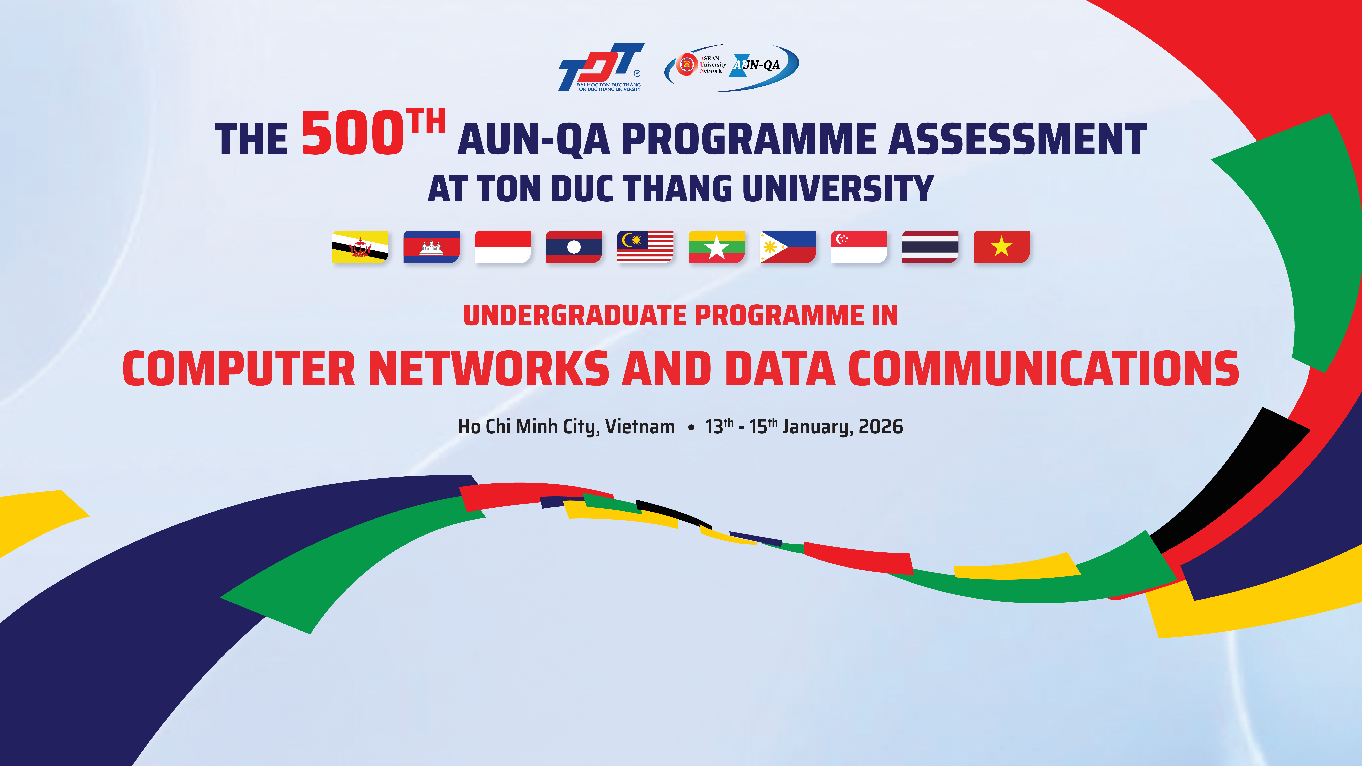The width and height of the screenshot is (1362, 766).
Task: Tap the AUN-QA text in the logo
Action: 757,65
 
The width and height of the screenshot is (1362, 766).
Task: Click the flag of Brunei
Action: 360,247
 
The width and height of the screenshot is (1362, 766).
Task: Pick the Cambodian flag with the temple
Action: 431,247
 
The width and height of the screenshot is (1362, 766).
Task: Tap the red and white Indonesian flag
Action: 503,247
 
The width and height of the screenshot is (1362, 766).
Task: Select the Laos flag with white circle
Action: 574,247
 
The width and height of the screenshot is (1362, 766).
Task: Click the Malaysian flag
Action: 645,247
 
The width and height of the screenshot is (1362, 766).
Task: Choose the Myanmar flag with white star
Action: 716,247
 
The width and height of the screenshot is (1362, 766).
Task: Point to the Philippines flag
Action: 788,247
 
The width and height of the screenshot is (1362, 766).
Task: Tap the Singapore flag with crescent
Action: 859,247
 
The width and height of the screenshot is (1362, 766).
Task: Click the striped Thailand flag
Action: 930,247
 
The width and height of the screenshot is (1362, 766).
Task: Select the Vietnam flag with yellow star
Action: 1001,247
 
